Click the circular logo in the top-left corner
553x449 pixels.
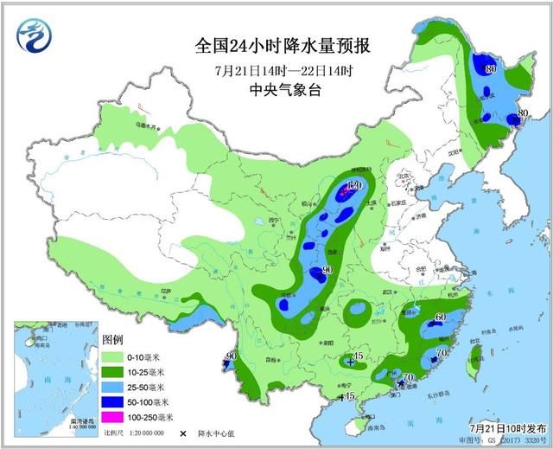point(35,37)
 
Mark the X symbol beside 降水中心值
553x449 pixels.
point(183,433)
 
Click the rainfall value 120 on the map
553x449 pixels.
point(352,186)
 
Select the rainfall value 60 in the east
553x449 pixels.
point(440,318)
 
